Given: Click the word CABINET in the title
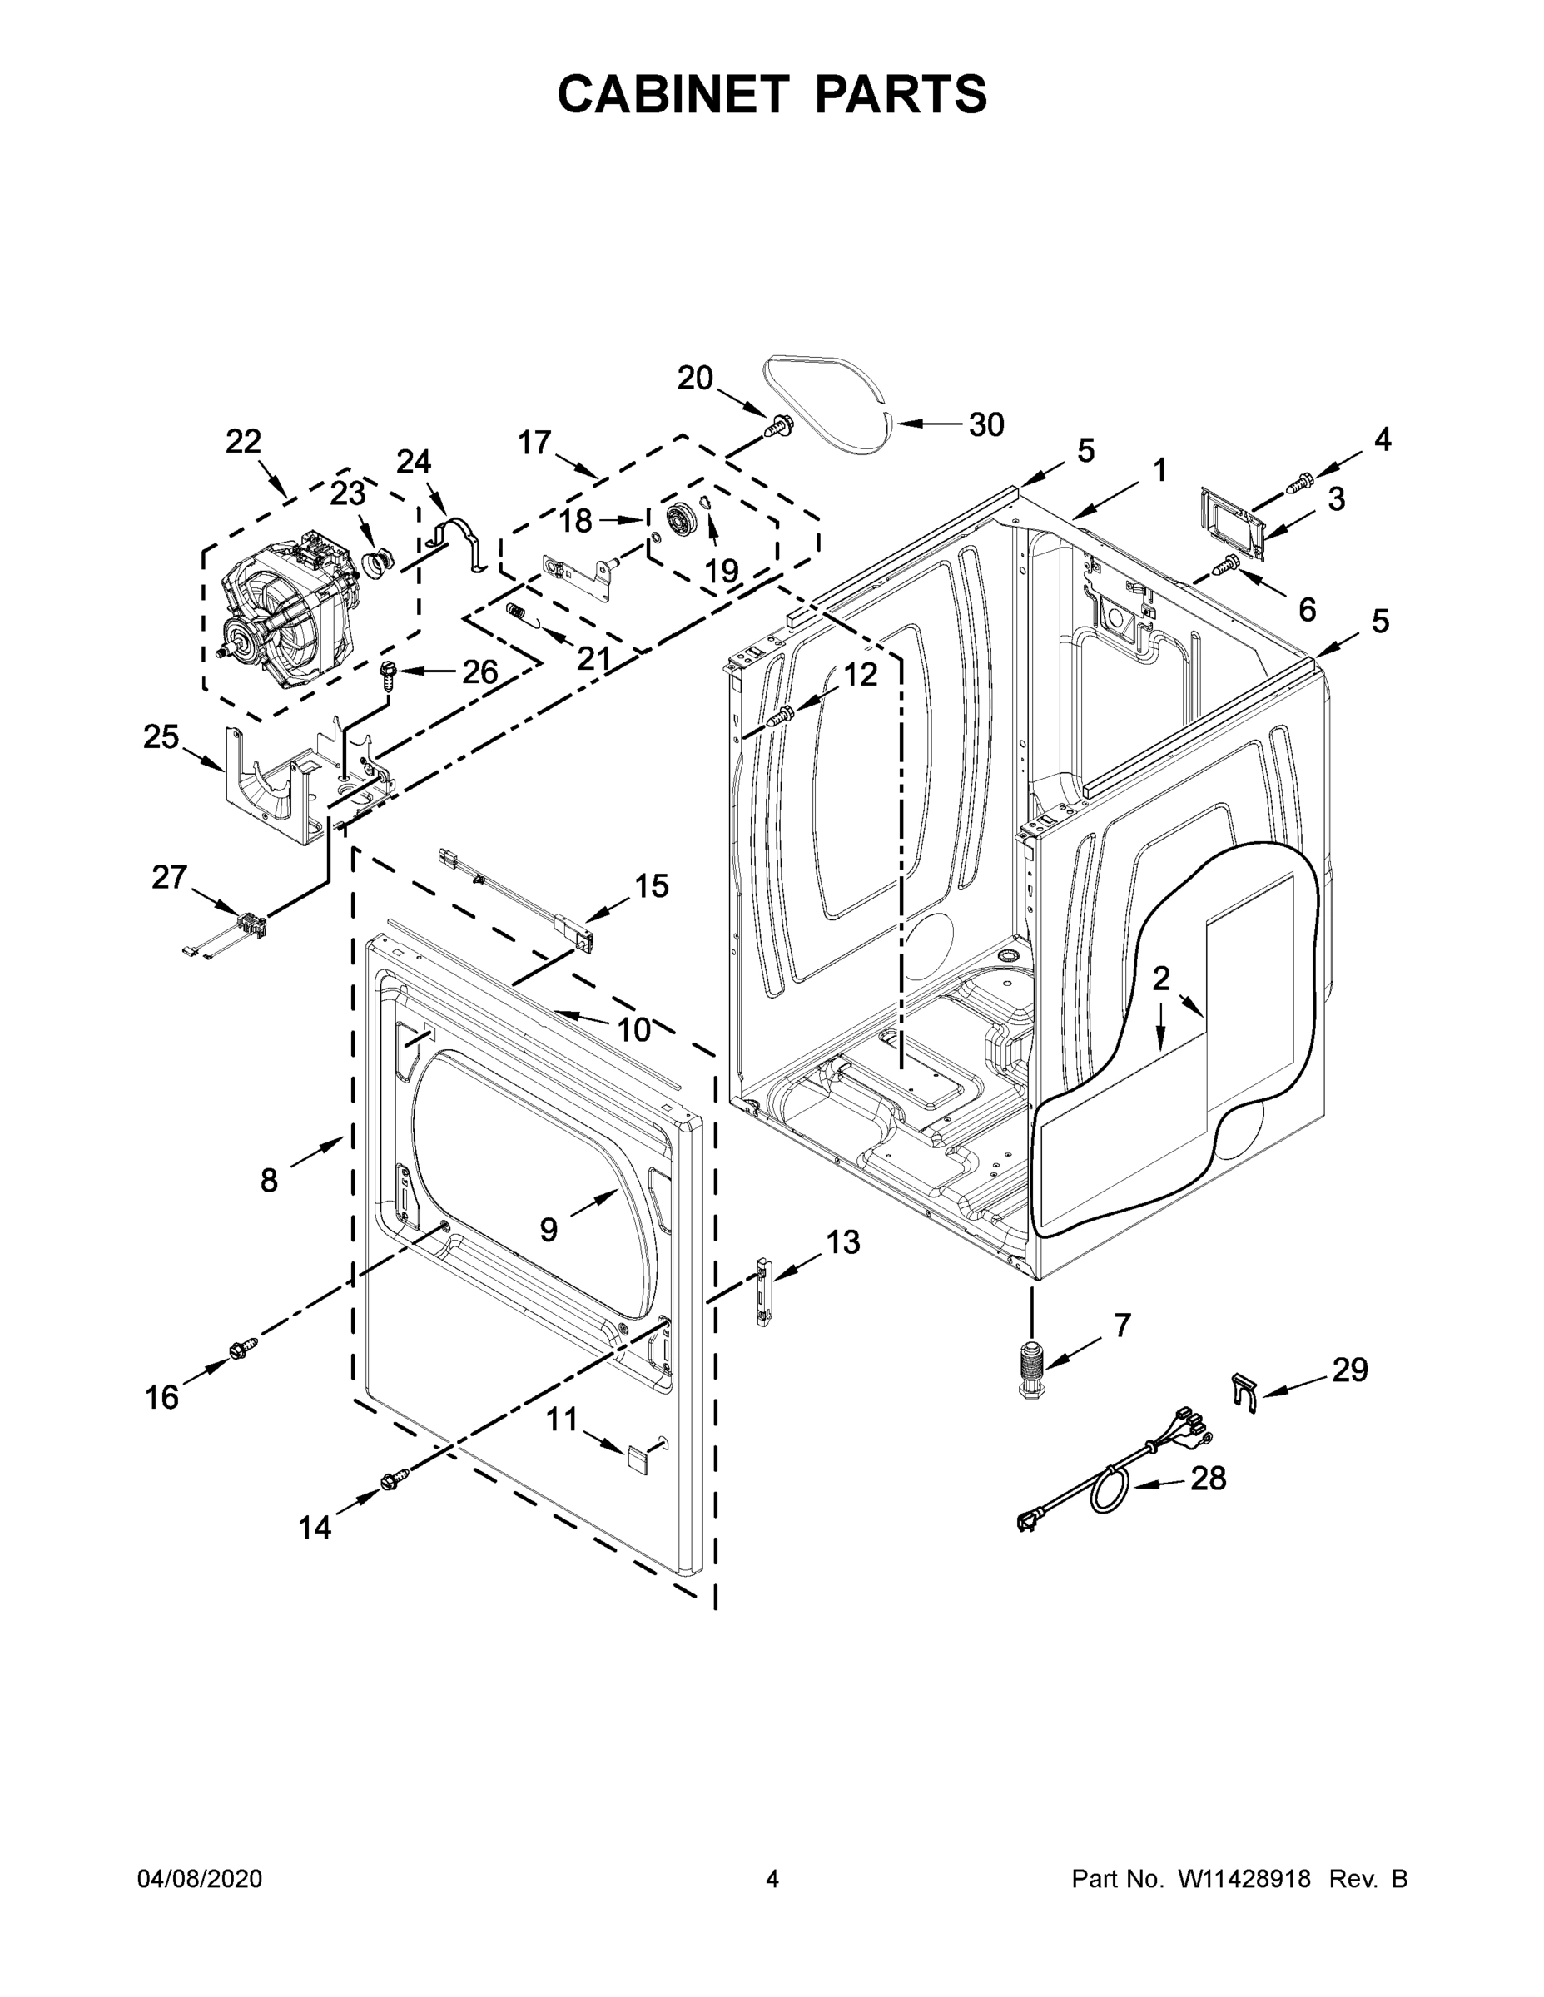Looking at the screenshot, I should [x=673, y=93].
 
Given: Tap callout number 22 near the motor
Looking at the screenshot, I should [x=243, y=442].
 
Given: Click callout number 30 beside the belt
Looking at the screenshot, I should [x=986, y=424].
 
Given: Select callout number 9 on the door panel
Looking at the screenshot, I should [x=548, y=1230].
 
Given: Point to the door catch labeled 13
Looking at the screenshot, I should [x=760, y=1291].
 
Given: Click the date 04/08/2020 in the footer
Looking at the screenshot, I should [x=200, y=1879].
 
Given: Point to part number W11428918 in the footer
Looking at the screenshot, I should [x=1244, y=1879].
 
